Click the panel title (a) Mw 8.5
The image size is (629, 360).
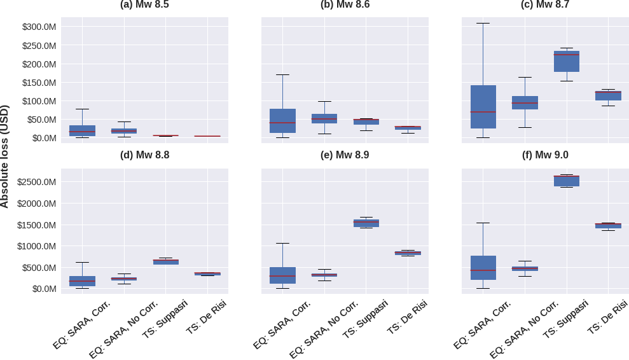(x=144, y=4)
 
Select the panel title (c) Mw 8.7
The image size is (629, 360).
(x=545, y=4)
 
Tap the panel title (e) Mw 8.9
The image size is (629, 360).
(x=345, y=155)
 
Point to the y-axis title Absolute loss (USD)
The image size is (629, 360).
(x=5, y=156)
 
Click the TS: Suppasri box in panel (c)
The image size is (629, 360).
(x=566, y=62)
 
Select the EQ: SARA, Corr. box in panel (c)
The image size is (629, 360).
(x=483, y=107)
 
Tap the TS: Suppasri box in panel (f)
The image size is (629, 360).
(x=566, y=181)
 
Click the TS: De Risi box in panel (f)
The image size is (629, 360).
(x=608, y=225)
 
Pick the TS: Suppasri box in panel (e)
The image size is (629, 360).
(x=366, y=223)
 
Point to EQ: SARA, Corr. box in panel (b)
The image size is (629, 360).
(x=282, y=121)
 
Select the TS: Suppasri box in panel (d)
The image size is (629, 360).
(x=165, y=261)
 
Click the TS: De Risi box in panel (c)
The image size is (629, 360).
(x=608, y=96)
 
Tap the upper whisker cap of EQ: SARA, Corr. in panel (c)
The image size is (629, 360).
(x=483, y=24)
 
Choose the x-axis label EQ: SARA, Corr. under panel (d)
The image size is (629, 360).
(x=82, y=324)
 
